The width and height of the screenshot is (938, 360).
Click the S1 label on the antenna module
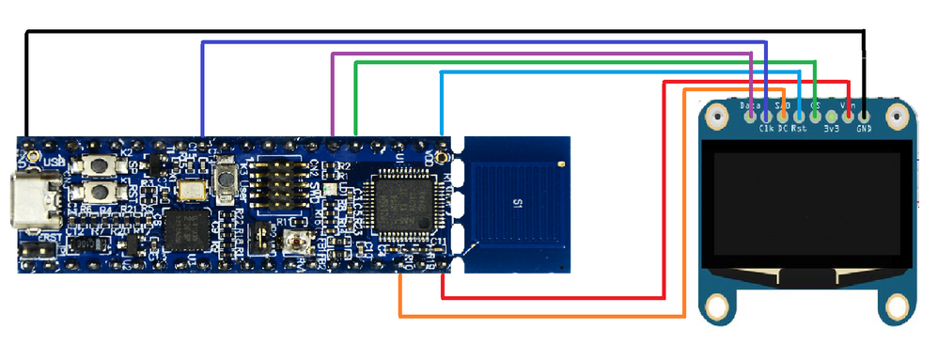[516, 202]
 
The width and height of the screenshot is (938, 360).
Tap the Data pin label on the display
[751, 106]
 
